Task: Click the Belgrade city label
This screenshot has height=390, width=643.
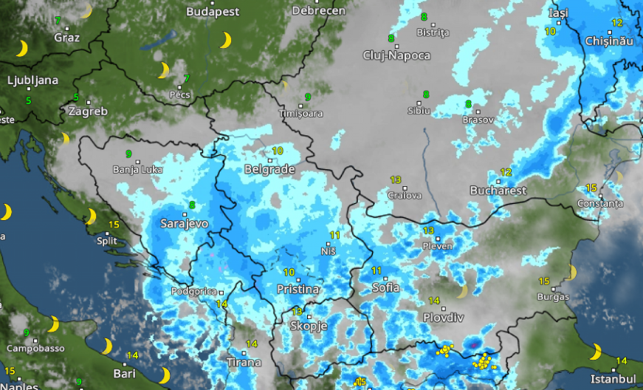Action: [269, 169]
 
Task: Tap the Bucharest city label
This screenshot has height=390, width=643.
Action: [498, 190]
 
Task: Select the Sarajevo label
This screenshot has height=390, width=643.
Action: [184, 222]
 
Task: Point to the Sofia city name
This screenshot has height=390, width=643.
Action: [385, 287]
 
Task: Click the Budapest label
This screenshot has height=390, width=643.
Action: [213, 11]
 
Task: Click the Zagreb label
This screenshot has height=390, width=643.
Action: [88, 112]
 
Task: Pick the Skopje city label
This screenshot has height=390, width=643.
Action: [308, 325]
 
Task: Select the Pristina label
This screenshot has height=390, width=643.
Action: [298, 289]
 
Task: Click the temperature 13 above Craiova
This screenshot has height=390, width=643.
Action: [396, 180]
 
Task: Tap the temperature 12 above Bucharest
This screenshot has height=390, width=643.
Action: [506, 172]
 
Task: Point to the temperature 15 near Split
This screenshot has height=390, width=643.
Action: [114, 225]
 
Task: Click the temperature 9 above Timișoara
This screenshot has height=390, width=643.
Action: [308, 97]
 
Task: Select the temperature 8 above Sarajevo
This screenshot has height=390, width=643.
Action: [192, 205]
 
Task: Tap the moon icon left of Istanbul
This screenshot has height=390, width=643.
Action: [595, 352]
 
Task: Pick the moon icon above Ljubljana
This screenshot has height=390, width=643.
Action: [22, 49]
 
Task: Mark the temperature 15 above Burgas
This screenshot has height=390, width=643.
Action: [544, 281]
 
